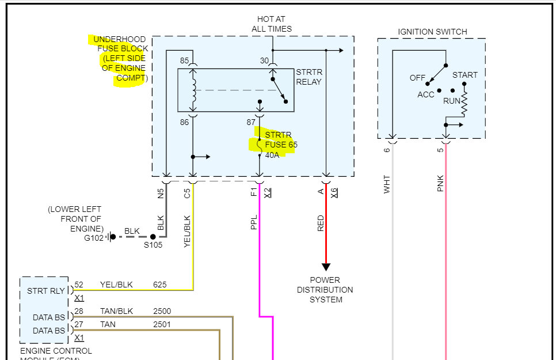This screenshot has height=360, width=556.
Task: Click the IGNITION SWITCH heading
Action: (432, 32)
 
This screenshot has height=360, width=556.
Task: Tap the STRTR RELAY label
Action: (309, 77)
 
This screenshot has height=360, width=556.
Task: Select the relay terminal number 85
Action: (184, 60)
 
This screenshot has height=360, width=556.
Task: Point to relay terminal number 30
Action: (264, 60)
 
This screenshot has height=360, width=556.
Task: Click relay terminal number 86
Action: (184, 122)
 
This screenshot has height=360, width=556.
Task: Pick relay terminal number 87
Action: (250, 122)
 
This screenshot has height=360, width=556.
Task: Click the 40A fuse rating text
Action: (272, 155)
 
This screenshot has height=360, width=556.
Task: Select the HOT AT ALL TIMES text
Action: (272, 24)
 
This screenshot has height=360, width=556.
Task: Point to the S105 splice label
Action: (153, 245)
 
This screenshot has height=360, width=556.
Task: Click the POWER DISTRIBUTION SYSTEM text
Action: (325, 290)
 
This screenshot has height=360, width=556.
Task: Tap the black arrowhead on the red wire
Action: (326, 267)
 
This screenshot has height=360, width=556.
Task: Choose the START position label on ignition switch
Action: (464, 75)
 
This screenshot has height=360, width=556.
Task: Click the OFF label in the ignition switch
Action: (417, 78)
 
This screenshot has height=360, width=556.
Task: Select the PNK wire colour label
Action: (441, 184)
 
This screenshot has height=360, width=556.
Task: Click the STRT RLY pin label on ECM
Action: (46, 291)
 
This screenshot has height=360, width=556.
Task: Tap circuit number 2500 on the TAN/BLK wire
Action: (162, 312)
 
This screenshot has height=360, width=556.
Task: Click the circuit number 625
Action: (159, 285)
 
